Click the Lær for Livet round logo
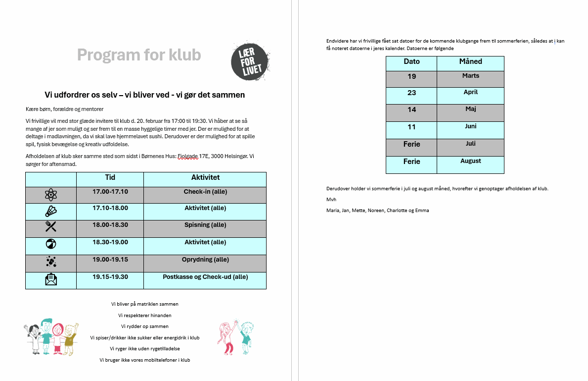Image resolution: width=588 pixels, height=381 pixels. click(x=250, y=61)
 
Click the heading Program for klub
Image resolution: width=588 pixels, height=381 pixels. click(x=139, y=55)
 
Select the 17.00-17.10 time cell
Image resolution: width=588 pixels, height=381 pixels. click(x=110, y=192)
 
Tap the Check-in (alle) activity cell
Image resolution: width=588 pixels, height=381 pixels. click(x=205, y=192)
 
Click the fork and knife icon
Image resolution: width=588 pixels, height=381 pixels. click(x=50, y=226)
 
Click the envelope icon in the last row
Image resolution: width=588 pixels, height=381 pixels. click(x=50, y=280)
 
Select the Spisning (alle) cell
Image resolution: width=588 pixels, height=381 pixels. click(x=205, y=225)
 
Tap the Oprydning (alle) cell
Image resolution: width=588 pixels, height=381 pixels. click(x=205, y=259)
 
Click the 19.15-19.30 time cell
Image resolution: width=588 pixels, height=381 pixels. click(x=110, y=277)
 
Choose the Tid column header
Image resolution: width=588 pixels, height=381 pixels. click(x=110, y=177)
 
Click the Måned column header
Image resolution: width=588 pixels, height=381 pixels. click(x=470, y=61)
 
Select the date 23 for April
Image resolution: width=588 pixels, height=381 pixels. click(x=411, y=93)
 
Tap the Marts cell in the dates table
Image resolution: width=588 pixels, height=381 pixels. click(x=470, y=76)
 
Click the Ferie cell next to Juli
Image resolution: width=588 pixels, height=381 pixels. click(x=411, y=144)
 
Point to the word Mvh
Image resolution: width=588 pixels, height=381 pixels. click(x=331, y=199)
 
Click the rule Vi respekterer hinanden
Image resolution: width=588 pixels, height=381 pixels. click(x=145, y=315)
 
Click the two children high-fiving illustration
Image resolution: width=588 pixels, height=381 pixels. click(x=234, y=337)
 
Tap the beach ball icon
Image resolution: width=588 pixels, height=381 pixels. click(x=50, y=244)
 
